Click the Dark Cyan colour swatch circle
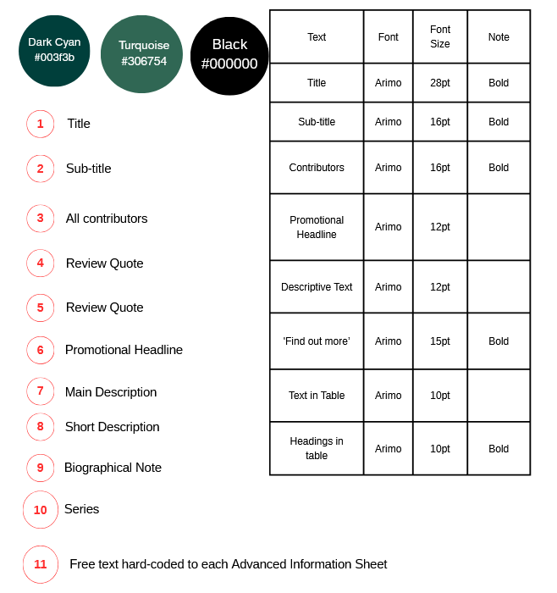click(54, 50)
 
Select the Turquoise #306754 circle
click(141, 53)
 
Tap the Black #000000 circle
click(229, 55)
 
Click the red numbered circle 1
click(40, 124)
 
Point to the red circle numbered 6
click(40, 350)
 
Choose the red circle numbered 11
click(41, 564)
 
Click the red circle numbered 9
click(40, 468)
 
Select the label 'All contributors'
click(107, 219)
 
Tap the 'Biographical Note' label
click(113, 468)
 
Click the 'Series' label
click(82, 509)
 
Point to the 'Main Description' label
click(111, 392)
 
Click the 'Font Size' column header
click(440, 36)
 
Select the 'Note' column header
click(499, 37)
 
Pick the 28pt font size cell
click(440, 83)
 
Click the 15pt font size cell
click(440, 341)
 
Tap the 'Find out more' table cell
click(317, 341)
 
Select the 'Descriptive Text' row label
click(317, 287)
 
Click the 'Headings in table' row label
click(317, 448)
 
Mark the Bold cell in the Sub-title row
click(499, 122)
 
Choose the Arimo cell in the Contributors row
click(388, 168)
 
